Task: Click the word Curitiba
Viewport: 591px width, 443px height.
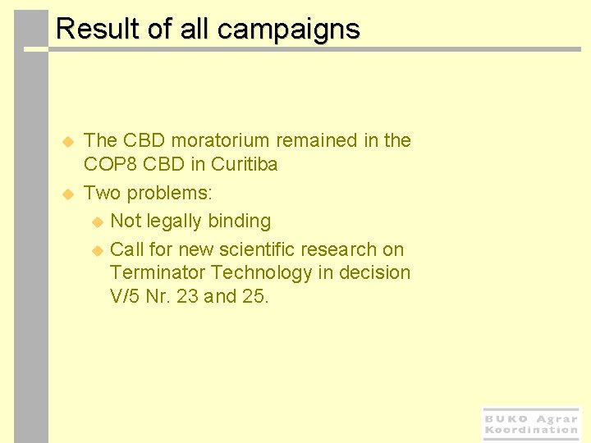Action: pyautogui.click(x=245, y=164)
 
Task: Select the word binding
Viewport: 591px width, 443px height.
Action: pyautogui.click(x=240, y=221)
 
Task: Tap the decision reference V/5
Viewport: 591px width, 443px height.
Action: pyautogui.click(x=124, y=296)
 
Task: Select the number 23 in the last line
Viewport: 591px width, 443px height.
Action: pyautogui.click(x=187, y=296)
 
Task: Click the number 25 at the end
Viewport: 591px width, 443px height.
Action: pyautogui.click(x=255, y=296)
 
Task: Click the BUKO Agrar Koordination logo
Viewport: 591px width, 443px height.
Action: pyautogui.click(x=531, y=424)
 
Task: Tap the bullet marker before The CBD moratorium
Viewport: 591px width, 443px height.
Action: pyautogui.click(x=69, y=141)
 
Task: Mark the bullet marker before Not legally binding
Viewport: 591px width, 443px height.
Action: pyautogui.click(x=97, y=221)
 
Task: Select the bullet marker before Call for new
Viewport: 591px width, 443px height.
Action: pyautogui.click(x=97, y=249)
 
